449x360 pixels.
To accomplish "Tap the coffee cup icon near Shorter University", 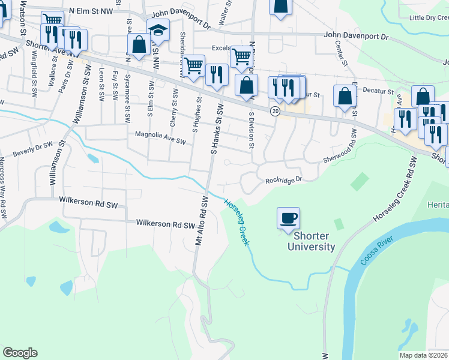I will tap(288, 217).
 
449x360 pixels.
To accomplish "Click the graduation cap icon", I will tap(158, 29).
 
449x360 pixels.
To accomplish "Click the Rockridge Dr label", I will tap(283, 179).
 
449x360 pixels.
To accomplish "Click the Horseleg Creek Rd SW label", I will tap(393, 191).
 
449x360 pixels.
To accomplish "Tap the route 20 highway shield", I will tap(275, 111).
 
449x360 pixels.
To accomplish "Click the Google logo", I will tap(20, 353).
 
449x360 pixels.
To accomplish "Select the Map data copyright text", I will tap(424, 355).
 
